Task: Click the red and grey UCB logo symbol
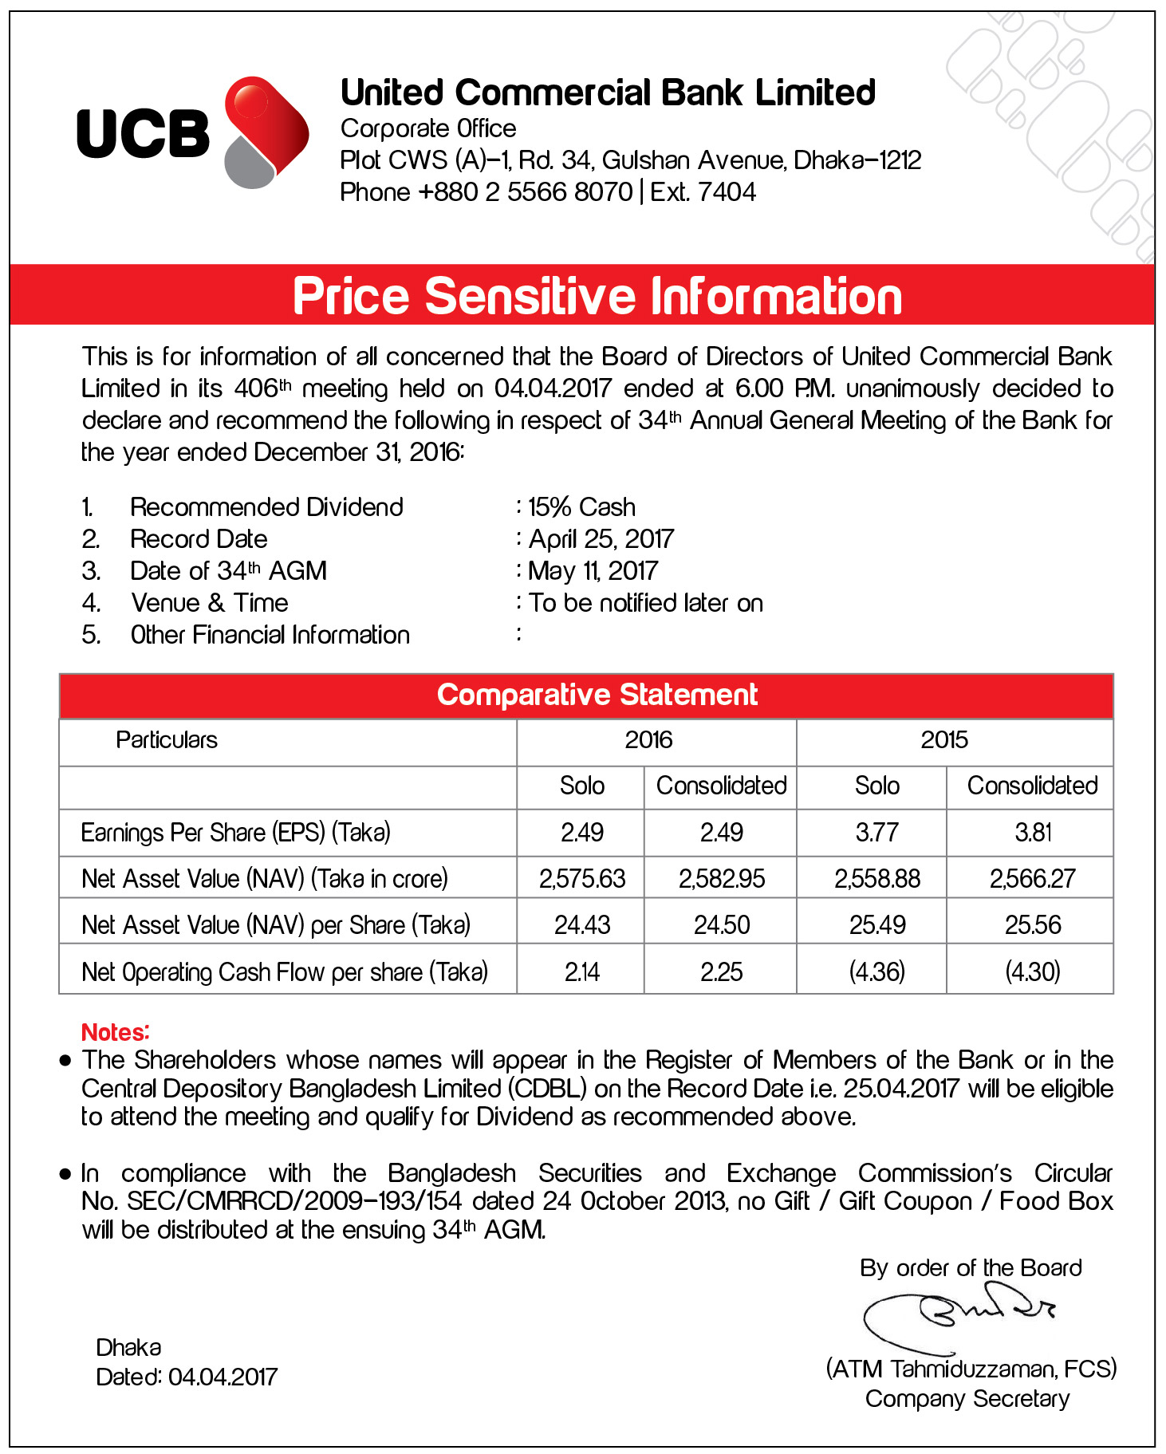266,132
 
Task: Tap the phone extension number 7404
726,192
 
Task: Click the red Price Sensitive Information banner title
597,296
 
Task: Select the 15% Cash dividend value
581,507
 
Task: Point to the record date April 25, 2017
601,539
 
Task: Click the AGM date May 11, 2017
593,571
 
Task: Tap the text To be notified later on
646,603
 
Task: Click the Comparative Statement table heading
597,695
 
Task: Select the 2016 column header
648,740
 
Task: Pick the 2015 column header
944,740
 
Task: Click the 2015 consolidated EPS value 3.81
1033,833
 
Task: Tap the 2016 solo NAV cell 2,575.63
582,879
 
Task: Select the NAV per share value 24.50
722,925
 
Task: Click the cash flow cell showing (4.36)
876,972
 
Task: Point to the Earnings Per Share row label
236,833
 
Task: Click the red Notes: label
116,1032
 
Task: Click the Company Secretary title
967,1399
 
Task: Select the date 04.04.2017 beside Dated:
223,1377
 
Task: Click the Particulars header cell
167,740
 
